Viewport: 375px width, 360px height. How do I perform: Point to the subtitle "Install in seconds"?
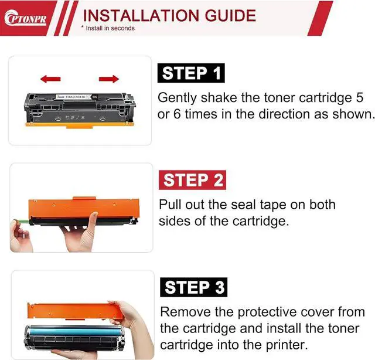[109, 28]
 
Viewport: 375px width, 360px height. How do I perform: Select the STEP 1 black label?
[191, 73]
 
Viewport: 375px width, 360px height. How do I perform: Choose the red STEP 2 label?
[192, 180]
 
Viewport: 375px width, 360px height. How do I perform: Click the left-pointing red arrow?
[50, 78]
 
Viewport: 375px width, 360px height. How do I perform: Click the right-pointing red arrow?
[109, 78]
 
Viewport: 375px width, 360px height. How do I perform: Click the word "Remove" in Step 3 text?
[183, 312]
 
